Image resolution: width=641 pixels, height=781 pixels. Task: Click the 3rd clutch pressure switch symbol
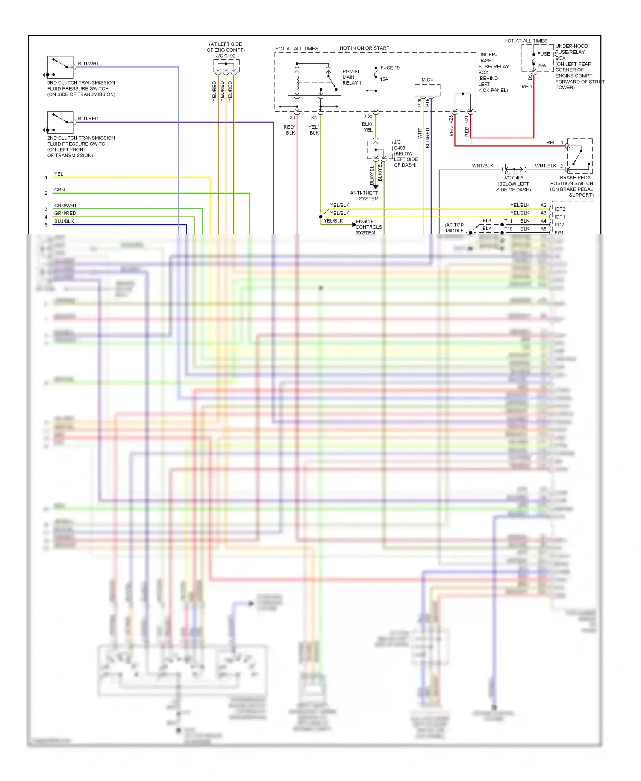pos(60,67)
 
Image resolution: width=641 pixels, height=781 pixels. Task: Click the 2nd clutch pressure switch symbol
pos(60,122)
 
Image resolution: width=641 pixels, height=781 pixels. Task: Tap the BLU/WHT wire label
pos(88,64)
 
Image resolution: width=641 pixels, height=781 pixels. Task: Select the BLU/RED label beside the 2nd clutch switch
pos(88,119)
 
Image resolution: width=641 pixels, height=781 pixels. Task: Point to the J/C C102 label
pos(226,56)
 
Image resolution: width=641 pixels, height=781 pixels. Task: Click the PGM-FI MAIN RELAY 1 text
pos(352,77)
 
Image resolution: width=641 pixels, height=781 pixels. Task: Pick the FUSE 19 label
pos(390,68)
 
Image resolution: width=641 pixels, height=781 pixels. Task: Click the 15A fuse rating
pos(384,79)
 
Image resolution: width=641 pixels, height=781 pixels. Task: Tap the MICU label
pos(427,80)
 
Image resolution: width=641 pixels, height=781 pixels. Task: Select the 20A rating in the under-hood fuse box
pos(541,65)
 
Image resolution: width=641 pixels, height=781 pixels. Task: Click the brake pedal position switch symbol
pos(580,156)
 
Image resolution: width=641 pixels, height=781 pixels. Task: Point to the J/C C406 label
pos(513,178)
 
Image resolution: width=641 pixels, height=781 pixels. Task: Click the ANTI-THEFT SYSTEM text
pos(364,196)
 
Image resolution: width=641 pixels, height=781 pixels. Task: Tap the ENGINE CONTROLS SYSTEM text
pos(368,227)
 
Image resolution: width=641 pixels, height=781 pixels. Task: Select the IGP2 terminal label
pos(559,209)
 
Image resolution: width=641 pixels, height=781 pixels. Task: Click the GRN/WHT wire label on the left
pos(65,206)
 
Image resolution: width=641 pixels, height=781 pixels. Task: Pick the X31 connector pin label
pos(315,117)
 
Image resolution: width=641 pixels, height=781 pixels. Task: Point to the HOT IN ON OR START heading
pos(365,48)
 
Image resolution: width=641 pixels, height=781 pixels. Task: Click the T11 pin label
pos(508,221)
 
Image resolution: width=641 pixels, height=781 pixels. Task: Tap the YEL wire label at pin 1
pos(59,174)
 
